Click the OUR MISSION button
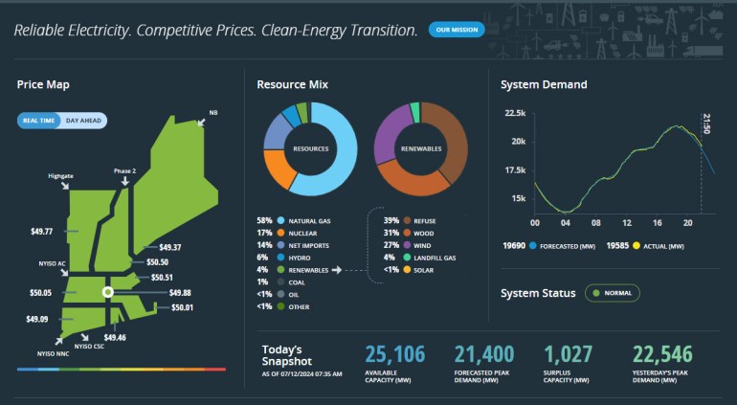coord(457,30)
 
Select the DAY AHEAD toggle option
coord(85,121)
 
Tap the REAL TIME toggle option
coord(39,121)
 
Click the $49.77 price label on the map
coord(41,231)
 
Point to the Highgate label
coord(61,176)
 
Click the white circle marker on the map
coord(108,291)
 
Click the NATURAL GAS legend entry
coord(310,220)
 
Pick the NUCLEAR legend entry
coord(302,233)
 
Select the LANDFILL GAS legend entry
coord(435,258)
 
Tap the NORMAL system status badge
coord(613,293)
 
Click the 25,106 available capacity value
coord(394,355)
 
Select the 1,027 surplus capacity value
coord(569,355)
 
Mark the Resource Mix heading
coord(292,84)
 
